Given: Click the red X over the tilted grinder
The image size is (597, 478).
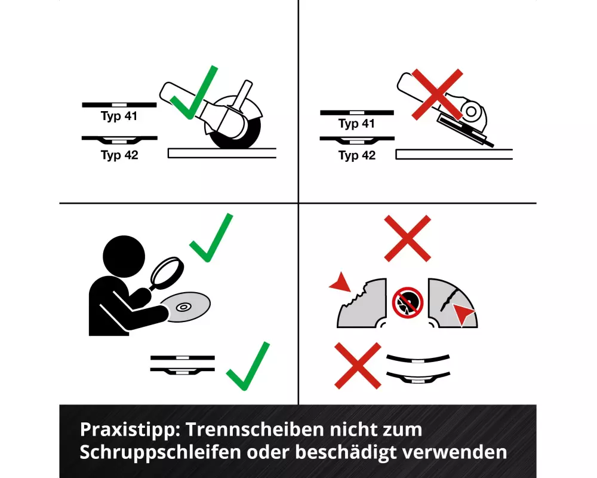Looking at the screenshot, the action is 437,94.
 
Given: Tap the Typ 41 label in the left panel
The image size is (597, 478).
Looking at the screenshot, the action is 119,116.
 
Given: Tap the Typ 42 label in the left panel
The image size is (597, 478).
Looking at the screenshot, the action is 119,155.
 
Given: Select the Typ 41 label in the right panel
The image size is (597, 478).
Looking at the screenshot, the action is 357,124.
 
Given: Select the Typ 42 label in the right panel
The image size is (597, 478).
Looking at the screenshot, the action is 357,155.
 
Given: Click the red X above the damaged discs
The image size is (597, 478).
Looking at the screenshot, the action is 407,238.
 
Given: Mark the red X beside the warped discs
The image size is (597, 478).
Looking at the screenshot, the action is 358,366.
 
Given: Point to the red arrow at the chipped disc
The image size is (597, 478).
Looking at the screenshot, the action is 341,282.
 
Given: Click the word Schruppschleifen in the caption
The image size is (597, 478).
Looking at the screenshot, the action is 160,453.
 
